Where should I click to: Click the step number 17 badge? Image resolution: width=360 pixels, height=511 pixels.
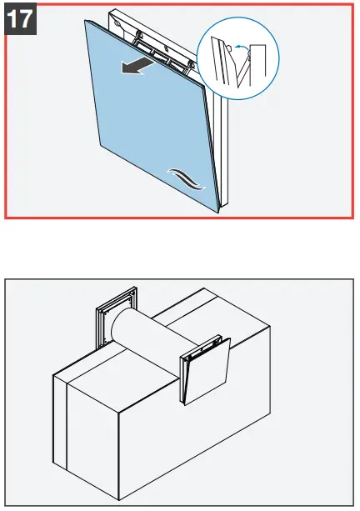point(20,19)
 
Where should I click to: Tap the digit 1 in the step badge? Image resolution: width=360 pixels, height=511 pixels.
point(13,19)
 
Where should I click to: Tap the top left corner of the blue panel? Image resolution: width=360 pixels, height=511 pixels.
point(86,19)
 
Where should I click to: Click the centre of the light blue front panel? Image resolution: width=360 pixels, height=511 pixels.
point(150,117)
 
